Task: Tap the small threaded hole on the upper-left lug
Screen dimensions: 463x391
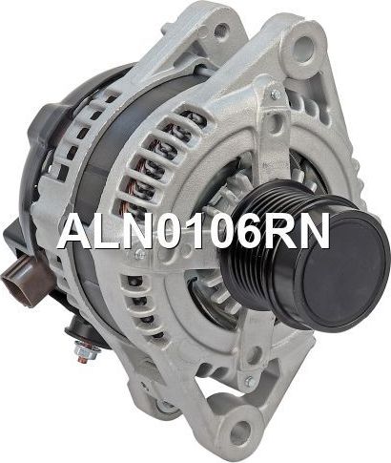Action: (x=221, y=31)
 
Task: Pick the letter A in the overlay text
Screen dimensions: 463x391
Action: (x=75, y=231)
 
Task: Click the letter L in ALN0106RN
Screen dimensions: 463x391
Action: (x=106, y=231)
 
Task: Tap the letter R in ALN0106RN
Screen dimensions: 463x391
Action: (x=281, y=231)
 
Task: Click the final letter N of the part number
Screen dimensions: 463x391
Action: (x=314, y=231)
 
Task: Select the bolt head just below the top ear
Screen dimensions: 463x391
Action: (x=275, y=95)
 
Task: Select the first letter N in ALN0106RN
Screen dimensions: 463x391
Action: (x=135, y=231)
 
